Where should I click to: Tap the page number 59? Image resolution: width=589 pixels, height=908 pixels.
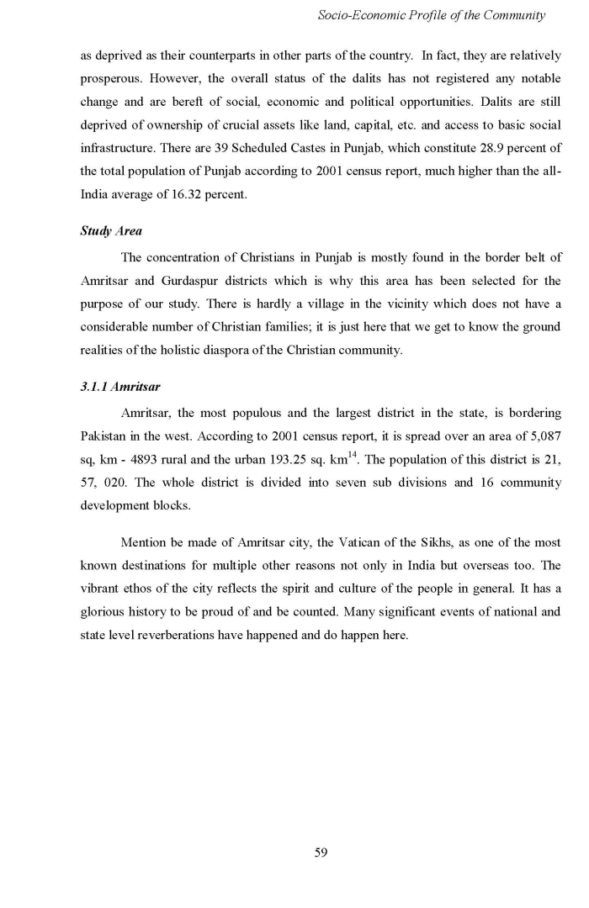(320, 853)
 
